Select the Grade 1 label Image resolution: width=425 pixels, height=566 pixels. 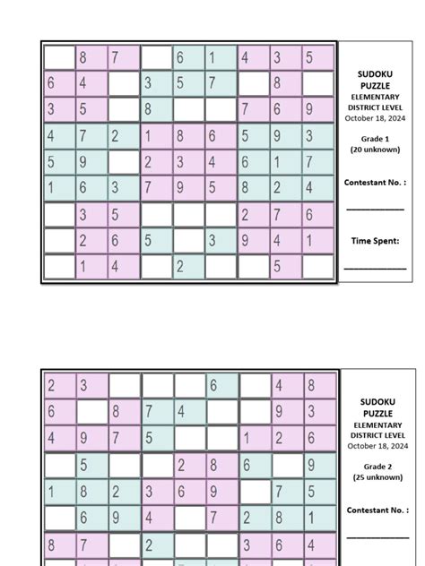pos(374,140)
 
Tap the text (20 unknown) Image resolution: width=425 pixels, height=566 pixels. pos(374,150)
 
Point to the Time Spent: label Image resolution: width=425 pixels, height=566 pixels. pos(374,240)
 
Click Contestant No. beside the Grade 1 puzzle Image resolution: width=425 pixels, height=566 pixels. pos(374,182)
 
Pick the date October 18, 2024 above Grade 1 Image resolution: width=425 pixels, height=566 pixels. pos(374,117)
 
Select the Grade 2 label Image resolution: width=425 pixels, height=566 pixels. pos(376,467)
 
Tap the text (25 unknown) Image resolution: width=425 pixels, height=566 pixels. pos(376,477)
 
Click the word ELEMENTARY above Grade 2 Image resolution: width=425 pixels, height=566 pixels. pos(376,424)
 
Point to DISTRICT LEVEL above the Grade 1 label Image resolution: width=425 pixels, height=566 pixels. pos(374,107)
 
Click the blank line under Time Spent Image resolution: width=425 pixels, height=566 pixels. pos(374,267)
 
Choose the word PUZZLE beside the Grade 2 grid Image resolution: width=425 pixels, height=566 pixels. pos(376,413)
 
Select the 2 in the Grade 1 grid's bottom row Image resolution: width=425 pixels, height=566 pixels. pos(179,267)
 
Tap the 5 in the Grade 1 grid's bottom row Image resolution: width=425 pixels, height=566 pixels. pos(276,267)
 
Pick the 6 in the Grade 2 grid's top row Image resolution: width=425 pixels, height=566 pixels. pos(212,386)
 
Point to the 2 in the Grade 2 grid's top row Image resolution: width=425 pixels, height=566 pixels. pos(50,386)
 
